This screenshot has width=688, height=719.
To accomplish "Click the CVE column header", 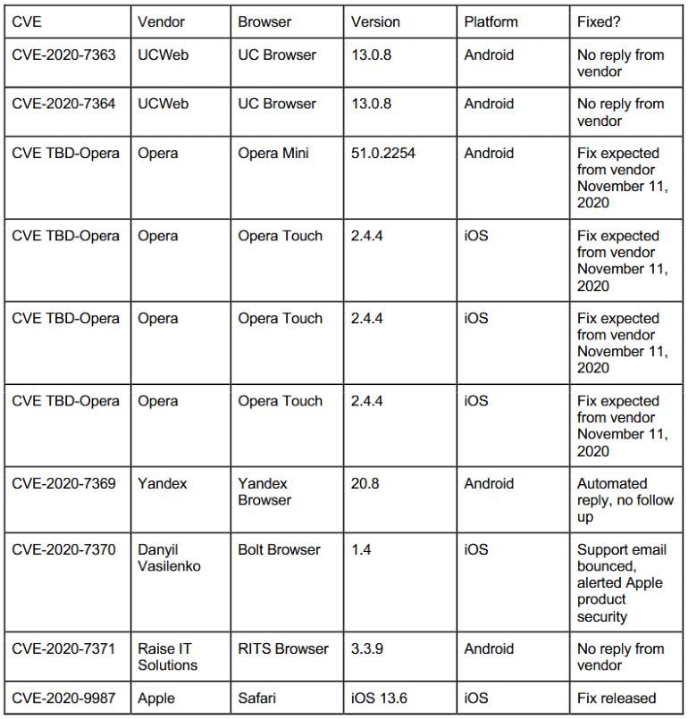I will coord(27,21).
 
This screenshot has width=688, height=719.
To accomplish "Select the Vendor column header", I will coord(158,21).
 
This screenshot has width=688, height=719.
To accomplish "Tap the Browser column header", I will coord(264,21).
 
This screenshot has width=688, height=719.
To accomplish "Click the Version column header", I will coord(375,21).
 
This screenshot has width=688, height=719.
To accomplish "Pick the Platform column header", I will coord(491,21).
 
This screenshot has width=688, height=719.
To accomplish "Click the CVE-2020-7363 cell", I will coord(63,54).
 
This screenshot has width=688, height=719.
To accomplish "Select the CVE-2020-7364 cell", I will coord(63,104).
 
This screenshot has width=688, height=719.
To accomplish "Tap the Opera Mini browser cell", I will coord(273,153).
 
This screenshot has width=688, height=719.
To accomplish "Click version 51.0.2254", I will coord(383,153).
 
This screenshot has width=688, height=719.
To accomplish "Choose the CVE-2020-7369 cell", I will coord(63,483).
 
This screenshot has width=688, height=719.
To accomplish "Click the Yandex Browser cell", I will coord(264,491).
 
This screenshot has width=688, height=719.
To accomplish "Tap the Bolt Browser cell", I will coord(279,549).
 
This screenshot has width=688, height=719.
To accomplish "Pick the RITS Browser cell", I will coord(283,648).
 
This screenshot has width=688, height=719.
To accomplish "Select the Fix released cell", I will coord(617,698).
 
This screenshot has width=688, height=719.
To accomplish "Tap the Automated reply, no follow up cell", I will coord(625,499).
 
